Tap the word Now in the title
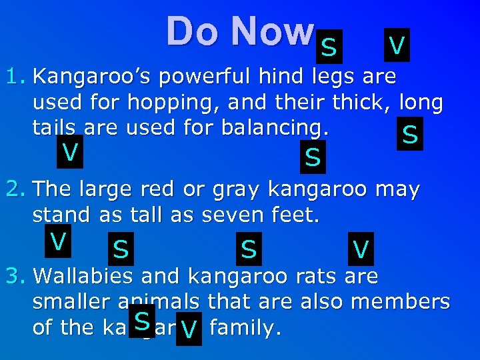[x=270, y=32]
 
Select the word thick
[x=366, y=102]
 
